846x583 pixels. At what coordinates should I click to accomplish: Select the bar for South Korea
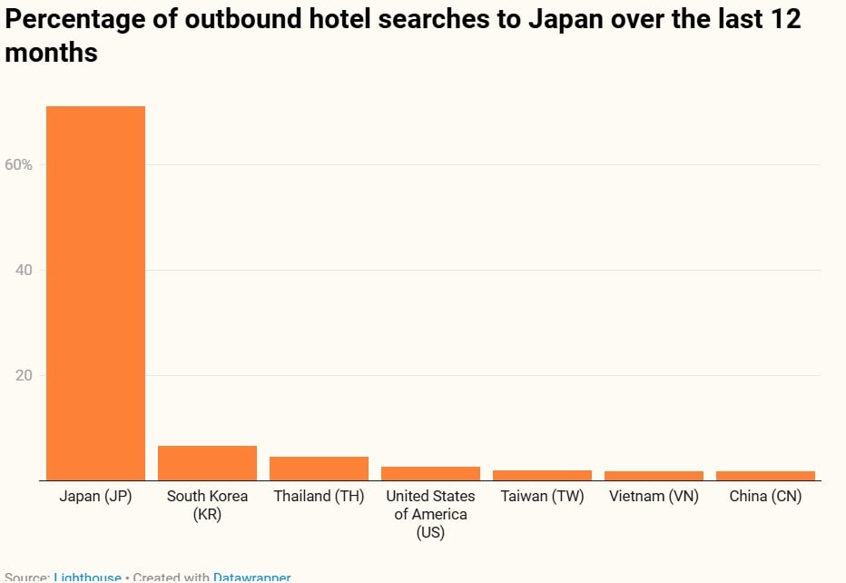[x=207, y=463]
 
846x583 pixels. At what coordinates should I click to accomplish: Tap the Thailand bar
[x=319, y=469]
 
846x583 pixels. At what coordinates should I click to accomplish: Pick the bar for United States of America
[x=430, y=473]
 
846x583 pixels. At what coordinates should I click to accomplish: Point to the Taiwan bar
[x=542, y=475]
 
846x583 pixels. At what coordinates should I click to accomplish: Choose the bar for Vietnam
[x=654, y=476]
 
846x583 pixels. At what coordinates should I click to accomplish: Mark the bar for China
[x=765, y=476]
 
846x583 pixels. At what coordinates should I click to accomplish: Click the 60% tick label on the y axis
[x=18, y=164]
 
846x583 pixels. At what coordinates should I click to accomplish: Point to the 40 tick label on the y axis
[x=24, y=270]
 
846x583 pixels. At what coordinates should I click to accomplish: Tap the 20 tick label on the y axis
[x=24, y=375]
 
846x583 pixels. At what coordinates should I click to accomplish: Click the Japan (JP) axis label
[x=95, y=497]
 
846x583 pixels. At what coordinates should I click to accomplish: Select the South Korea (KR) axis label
[x=207, y=505]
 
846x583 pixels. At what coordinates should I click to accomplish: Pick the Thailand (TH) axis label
[x=319, y=497]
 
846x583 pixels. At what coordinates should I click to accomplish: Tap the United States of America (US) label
[x=430, y=514]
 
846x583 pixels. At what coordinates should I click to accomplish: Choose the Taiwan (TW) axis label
[x=542, y=497]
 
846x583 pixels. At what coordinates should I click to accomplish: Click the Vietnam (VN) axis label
[x=654, y=497]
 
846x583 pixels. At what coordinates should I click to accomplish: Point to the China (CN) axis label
[x=765, y=497]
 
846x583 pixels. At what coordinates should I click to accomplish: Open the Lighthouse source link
[x=87, y=577]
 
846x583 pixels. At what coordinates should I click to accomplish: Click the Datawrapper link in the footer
[x=251, y=577]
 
